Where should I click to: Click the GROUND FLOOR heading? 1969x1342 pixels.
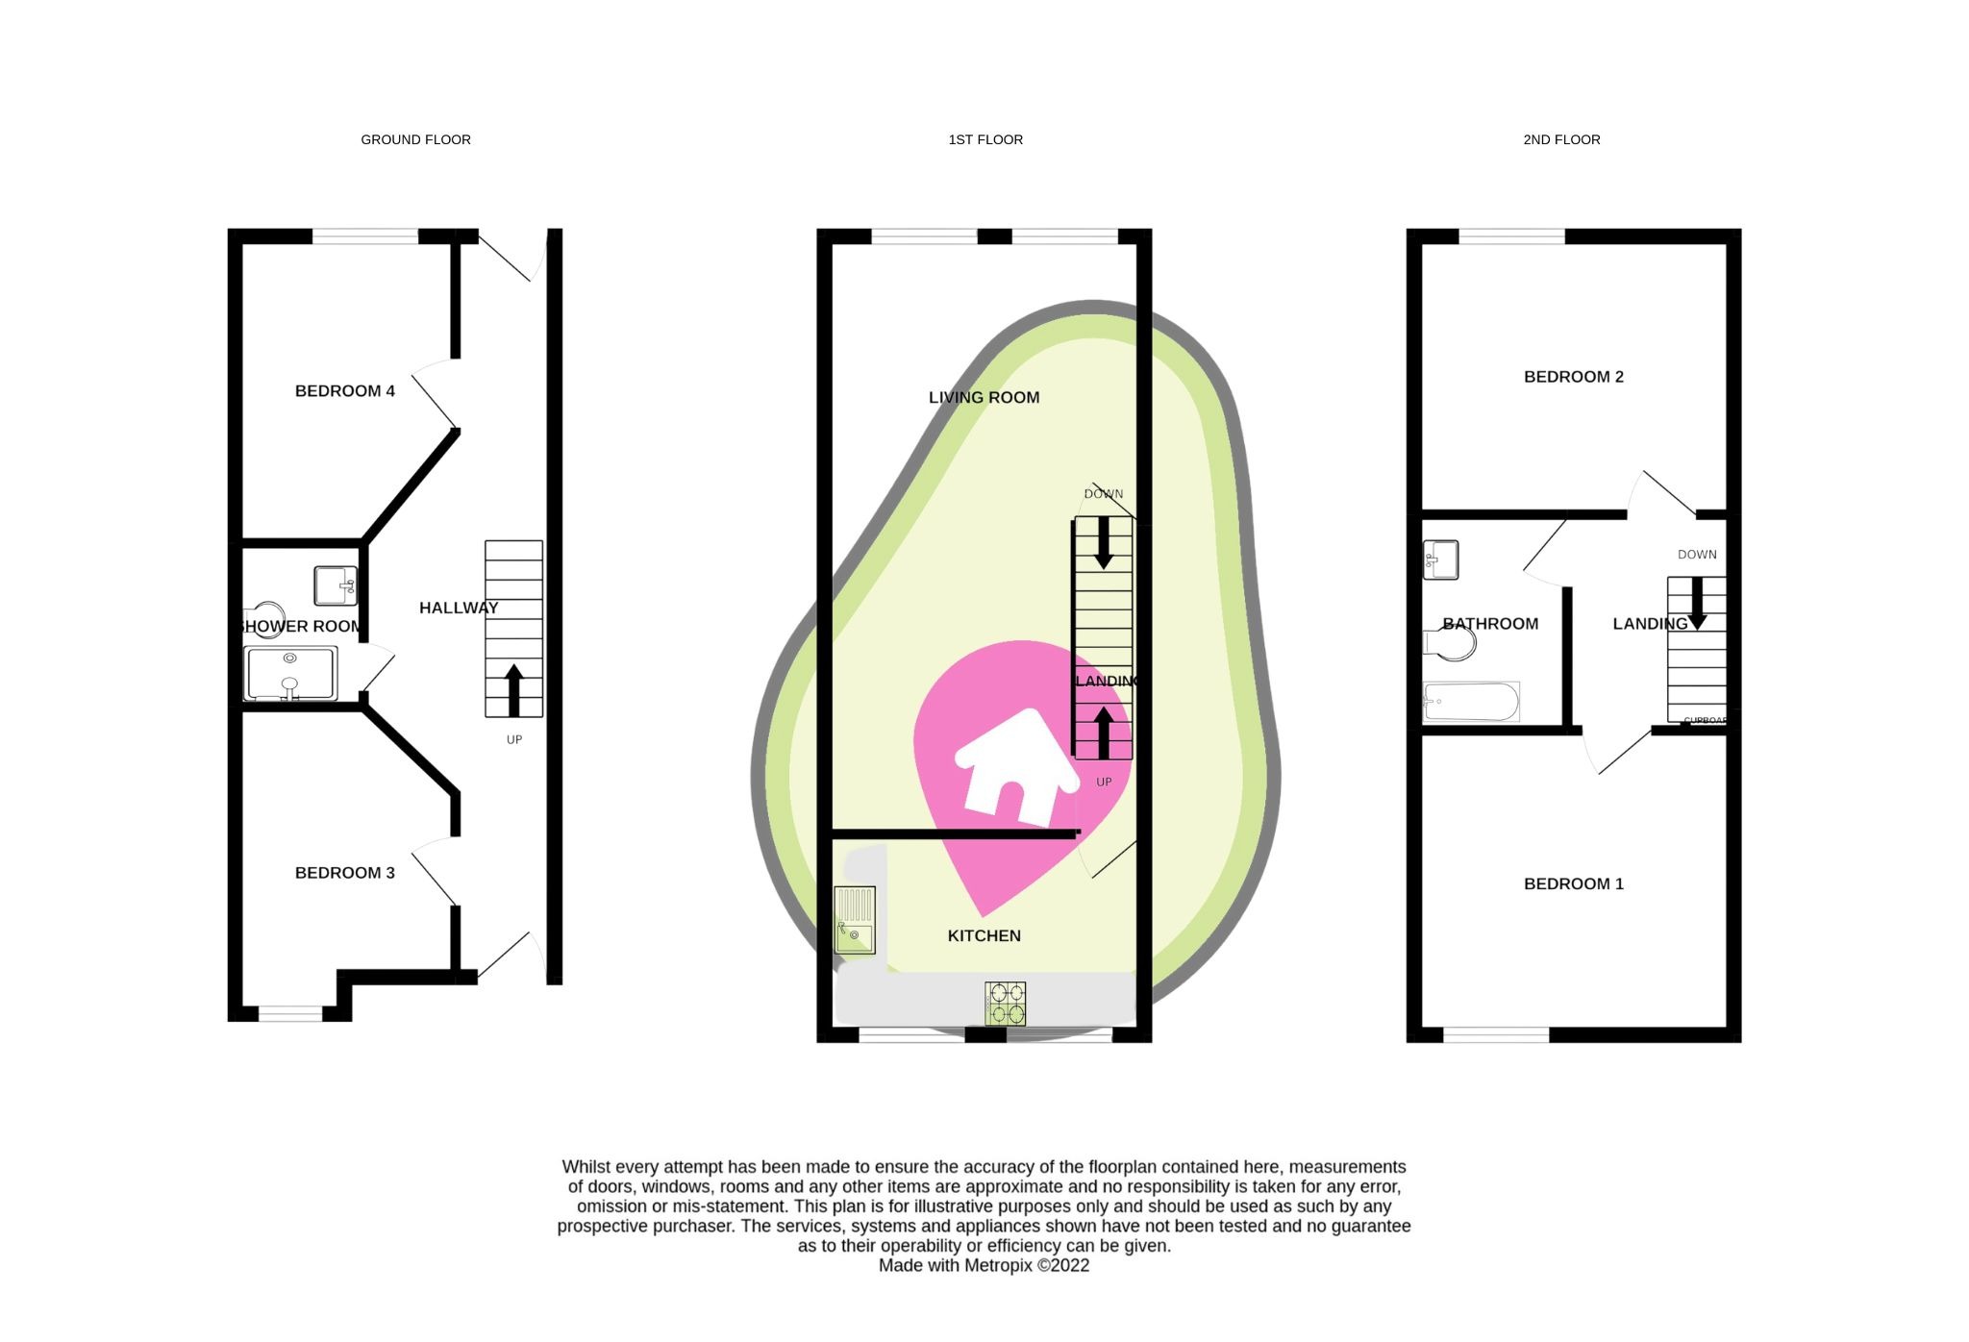(415, 139)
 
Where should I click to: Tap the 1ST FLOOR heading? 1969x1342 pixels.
(985, 139)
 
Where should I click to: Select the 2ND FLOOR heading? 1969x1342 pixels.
(1561, 139)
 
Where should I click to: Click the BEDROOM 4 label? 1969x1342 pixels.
(344, 391)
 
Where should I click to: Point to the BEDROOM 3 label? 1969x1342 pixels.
(344, 873)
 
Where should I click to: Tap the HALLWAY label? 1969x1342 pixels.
(459, 608)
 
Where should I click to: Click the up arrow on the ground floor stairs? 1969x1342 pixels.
(514, 689)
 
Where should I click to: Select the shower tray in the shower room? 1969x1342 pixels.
(291, 673)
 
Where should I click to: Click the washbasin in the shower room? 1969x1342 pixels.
(335, 585)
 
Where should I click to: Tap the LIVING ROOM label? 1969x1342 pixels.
(984, 397)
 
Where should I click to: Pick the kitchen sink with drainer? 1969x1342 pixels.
(855, 920)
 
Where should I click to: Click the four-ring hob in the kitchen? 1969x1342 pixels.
(1005, 1003)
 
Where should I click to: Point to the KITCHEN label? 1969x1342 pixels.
(984, 935)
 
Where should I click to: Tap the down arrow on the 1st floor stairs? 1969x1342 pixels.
(1104, 543)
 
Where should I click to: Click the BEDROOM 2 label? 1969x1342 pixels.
(1573, 377)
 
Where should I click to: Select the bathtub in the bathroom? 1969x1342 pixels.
(1471, 702)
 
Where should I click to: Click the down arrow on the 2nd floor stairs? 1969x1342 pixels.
(1697, 603)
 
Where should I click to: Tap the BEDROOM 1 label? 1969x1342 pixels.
(1573, 883)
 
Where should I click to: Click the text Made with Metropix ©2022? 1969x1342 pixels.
(984, 1265)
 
